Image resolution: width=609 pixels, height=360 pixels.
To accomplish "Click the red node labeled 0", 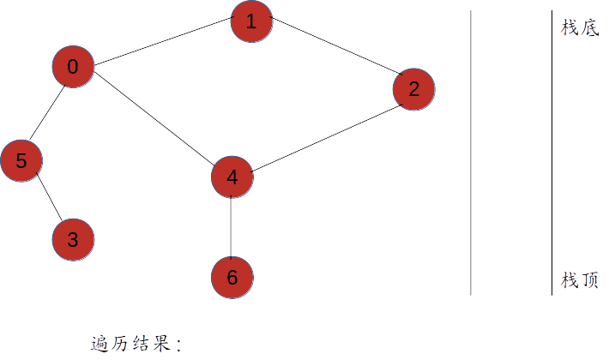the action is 73,68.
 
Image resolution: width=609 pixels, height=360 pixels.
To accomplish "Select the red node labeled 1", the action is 251,21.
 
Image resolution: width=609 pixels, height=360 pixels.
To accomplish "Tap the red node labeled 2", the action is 414,89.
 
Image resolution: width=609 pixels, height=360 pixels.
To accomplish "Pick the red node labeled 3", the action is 73,240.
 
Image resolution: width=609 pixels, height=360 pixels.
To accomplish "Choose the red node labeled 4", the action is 232,177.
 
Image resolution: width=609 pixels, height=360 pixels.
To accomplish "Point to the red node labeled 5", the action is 21,160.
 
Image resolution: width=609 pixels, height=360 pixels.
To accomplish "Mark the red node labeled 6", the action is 232,278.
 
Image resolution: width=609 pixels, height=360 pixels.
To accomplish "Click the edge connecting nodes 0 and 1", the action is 162,45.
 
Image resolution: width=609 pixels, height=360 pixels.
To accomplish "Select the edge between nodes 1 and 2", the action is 333,55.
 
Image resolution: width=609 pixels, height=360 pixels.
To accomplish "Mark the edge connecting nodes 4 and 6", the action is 232,227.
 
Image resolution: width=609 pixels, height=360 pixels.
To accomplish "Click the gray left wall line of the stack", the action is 471,154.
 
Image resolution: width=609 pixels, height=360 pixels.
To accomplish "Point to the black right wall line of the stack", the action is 552,154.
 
